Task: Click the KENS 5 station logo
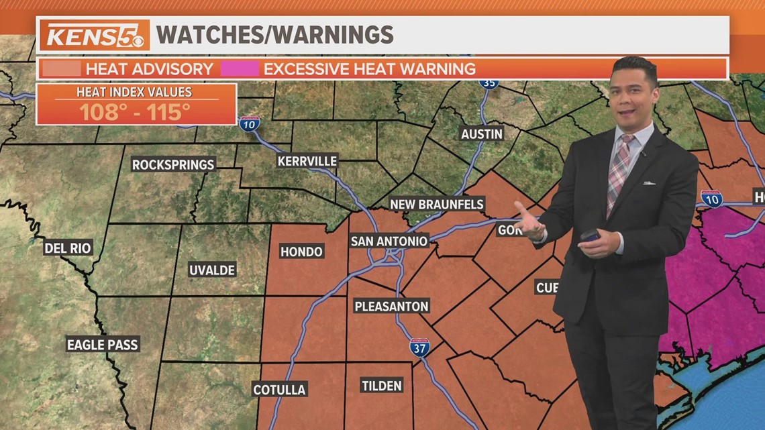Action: [x=95, y=35]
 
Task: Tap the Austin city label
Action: [x=481, y=134]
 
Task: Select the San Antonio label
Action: [x=389, y=241]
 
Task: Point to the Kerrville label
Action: [x=307, y=161]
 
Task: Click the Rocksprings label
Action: [x=173, y=164]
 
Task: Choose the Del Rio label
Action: [x=67, y=248]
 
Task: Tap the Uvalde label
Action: [x=212, y=270]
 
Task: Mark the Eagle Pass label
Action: [x=102, y=345]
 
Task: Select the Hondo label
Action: [x=301, y=252]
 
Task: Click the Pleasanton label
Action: [x=391, y=307]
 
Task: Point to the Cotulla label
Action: [x=279, y=390]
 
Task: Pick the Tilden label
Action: [x=381, y=386]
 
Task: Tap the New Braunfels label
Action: [x=437, y=204]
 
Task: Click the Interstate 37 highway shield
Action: [x=419, y=347]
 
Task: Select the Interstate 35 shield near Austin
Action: [x=489, y=82]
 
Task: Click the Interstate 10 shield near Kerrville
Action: [x=250, y=123]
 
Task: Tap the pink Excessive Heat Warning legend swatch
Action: [x=244, y=68]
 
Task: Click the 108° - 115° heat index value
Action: [x=136, y=111]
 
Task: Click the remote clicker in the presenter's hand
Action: [x=591, y=236]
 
